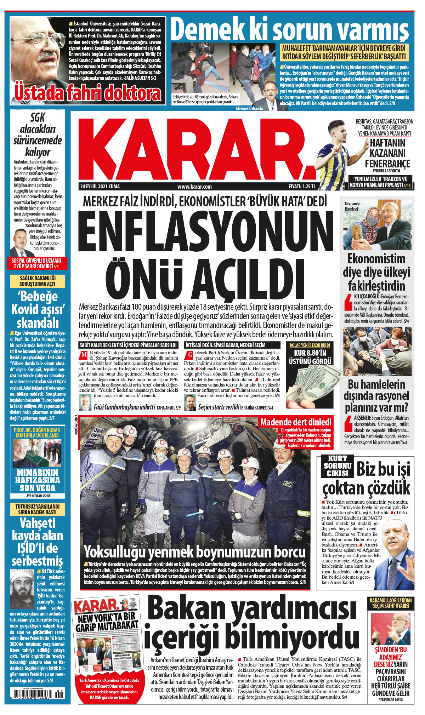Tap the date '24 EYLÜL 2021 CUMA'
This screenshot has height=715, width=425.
[100, 187]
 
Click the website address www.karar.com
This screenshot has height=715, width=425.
[194, 187]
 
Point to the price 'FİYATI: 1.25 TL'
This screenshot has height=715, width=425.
[301, 187]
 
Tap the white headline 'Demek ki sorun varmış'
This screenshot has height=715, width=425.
[290, 29]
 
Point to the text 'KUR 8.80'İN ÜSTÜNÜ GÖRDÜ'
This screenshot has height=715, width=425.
[310, 357]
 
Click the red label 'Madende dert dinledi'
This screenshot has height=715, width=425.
[296, 422]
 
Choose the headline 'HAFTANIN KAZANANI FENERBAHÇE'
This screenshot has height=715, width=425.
[387, 153]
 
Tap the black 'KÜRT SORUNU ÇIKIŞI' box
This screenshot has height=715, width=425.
[338, 466]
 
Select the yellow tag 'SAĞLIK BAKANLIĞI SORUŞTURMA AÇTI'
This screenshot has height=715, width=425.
[38, 281]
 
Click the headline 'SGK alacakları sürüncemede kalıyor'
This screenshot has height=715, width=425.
[38, 135]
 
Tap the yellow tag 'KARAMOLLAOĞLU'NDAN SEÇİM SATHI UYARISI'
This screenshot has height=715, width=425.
[391, 603]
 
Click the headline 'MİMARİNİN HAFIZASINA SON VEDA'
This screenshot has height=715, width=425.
[38, 480]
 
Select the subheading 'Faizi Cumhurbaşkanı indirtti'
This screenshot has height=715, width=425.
[124, 407]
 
